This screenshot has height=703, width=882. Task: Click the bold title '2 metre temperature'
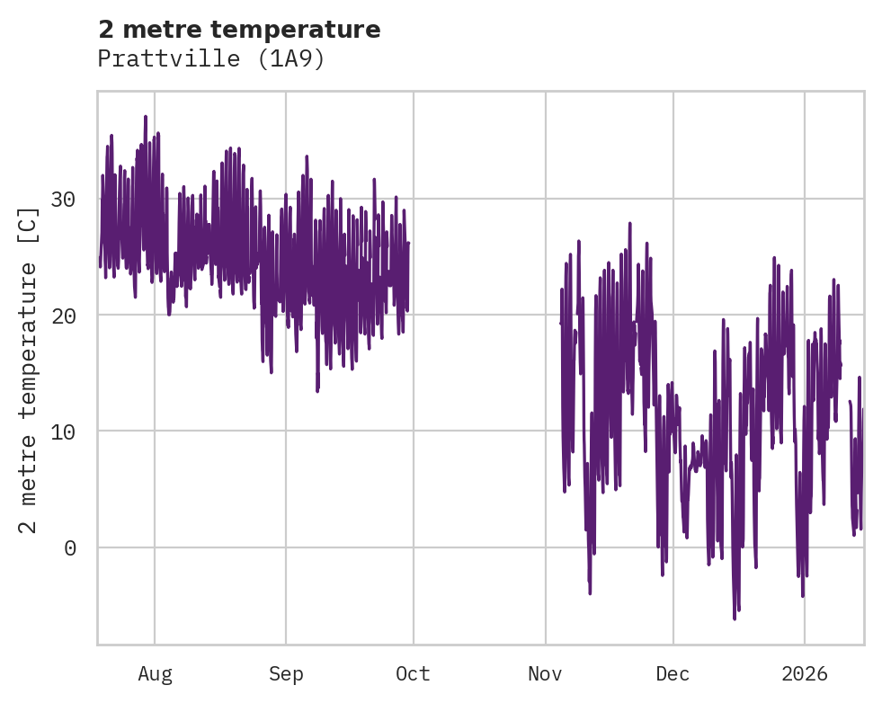click(x=239, y=30)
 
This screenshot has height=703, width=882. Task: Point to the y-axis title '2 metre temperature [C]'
click(x=30, y=369)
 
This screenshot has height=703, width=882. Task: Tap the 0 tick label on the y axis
click(x=70, y=548)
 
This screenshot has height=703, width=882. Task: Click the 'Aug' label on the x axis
click(x=155, y=674)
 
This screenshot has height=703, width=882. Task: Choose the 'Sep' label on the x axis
click(x=286, y=674)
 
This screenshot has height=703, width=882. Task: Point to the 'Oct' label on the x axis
click(x=413, y=674)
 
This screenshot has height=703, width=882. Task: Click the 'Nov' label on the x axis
click(x=545, y=674)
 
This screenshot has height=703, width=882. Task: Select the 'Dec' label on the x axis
click(x=673, y=674)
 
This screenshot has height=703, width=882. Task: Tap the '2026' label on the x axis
click(x=804, y=674)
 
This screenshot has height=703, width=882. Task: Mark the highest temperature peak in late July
click(x=145, y=117)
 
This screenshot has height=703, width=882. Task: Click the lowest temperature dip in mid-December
click(x=735, y=618)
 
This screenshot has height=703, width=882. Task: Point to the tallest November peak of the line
click(x=629, y=223)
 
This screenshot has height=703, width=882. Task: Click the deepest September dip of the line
click(x=317, y=390)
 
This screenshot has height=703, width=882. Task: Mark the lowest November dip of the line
click(x=590, y=592)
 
